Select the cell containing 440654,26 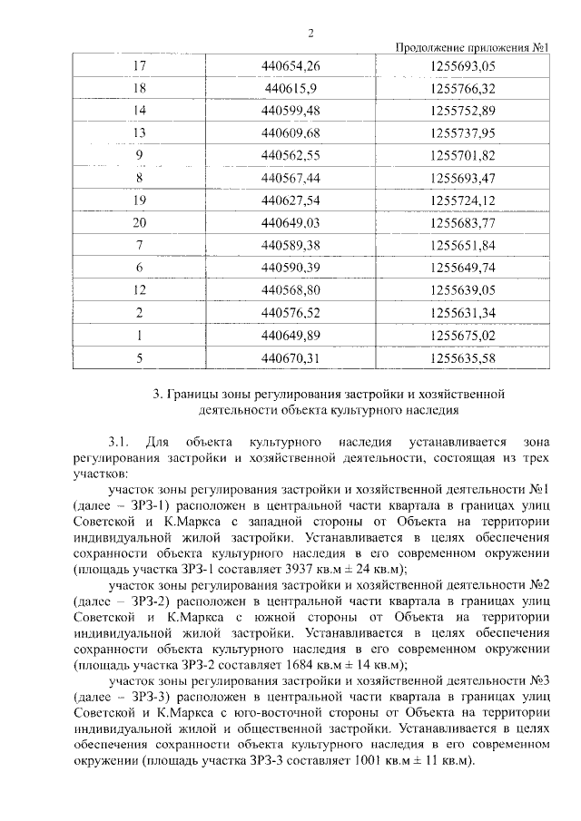pos(290,67)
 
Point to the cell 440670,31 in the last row pos(290,357)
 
